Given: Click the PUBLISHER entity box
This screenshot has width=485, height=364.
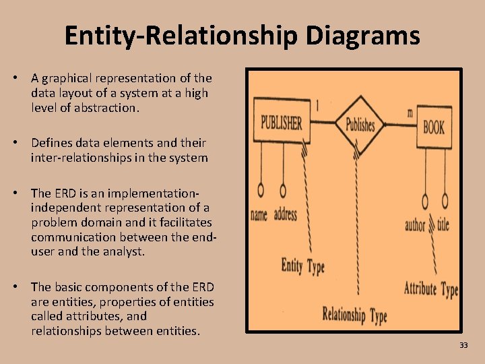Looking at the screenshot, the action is point(281,122).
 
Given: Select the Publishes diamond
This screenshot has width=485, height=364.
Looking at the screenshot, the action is point(360,124).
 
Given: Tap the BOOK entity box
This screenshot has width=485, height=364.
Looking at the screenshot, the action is point(433,126).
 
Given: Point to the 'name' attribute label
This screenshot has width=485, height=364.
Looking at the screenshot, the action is point(259,216).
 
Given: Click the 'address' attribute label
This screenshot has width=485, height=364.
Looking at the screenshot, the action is point(286,215).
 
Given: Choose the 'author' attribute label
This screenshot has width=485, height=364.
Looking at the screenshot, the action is point(415,225).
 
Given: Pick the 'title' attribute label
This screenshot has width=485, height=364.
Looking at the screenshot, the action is point(443,224).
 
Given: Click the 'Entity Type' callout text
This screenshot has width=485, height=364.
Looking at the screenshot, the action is point(302,266).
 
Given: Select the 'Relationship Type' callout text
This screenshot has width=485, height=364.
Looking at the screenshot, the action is point(355,314).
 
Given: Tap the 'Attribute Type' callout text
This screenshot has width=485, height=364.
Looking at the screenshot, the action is point(430,289).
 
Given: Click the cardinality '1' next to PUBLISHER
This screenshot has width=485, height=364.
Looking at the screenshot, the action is point(317,105).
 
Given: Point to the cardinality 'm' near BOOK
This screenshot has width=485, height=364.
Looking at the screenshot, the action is point(410,113).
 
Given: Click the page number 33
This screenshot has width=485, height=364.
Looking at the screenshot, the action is point(463,345).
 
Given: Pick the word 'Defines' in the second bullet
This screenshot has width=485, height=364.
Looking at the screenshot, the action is point(51,143).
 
